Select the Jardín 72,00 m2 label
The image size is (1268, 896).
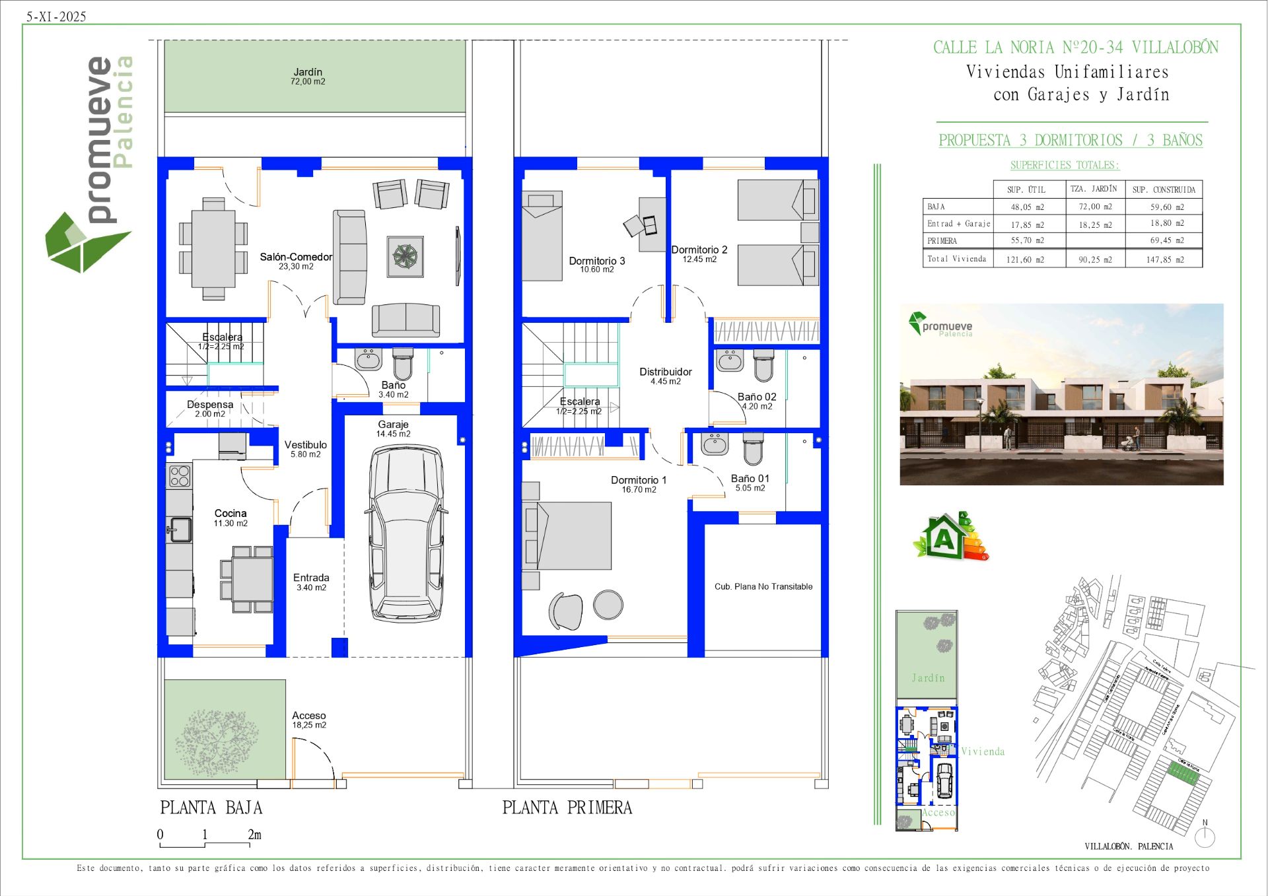point(308,76)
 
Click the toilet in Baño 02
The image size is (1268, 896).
point(763,365)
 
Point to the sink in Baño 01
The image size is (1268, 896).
point(715,444)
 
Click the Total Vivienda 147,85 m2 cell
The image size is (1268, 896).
point(1165,259)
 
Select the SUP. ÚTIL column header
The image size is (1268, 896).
point(1026,190)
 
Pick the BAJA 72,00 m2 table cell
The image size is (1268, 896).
point(1095,207)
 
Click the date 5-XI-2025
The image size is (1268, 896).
point(56,17)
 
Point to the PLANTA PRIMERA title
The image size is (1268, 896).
point(567,808)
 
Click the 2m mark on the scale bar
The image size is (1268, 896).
point(254,835)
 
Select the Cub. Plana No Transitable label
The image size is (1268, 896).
point(763,586)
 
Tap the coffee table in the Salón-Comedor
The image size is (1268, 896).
point(405,256)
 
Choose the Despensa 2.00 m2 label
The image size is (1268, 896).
point(210,409)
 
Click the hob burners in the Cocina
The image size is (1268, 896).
point(180,475)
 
